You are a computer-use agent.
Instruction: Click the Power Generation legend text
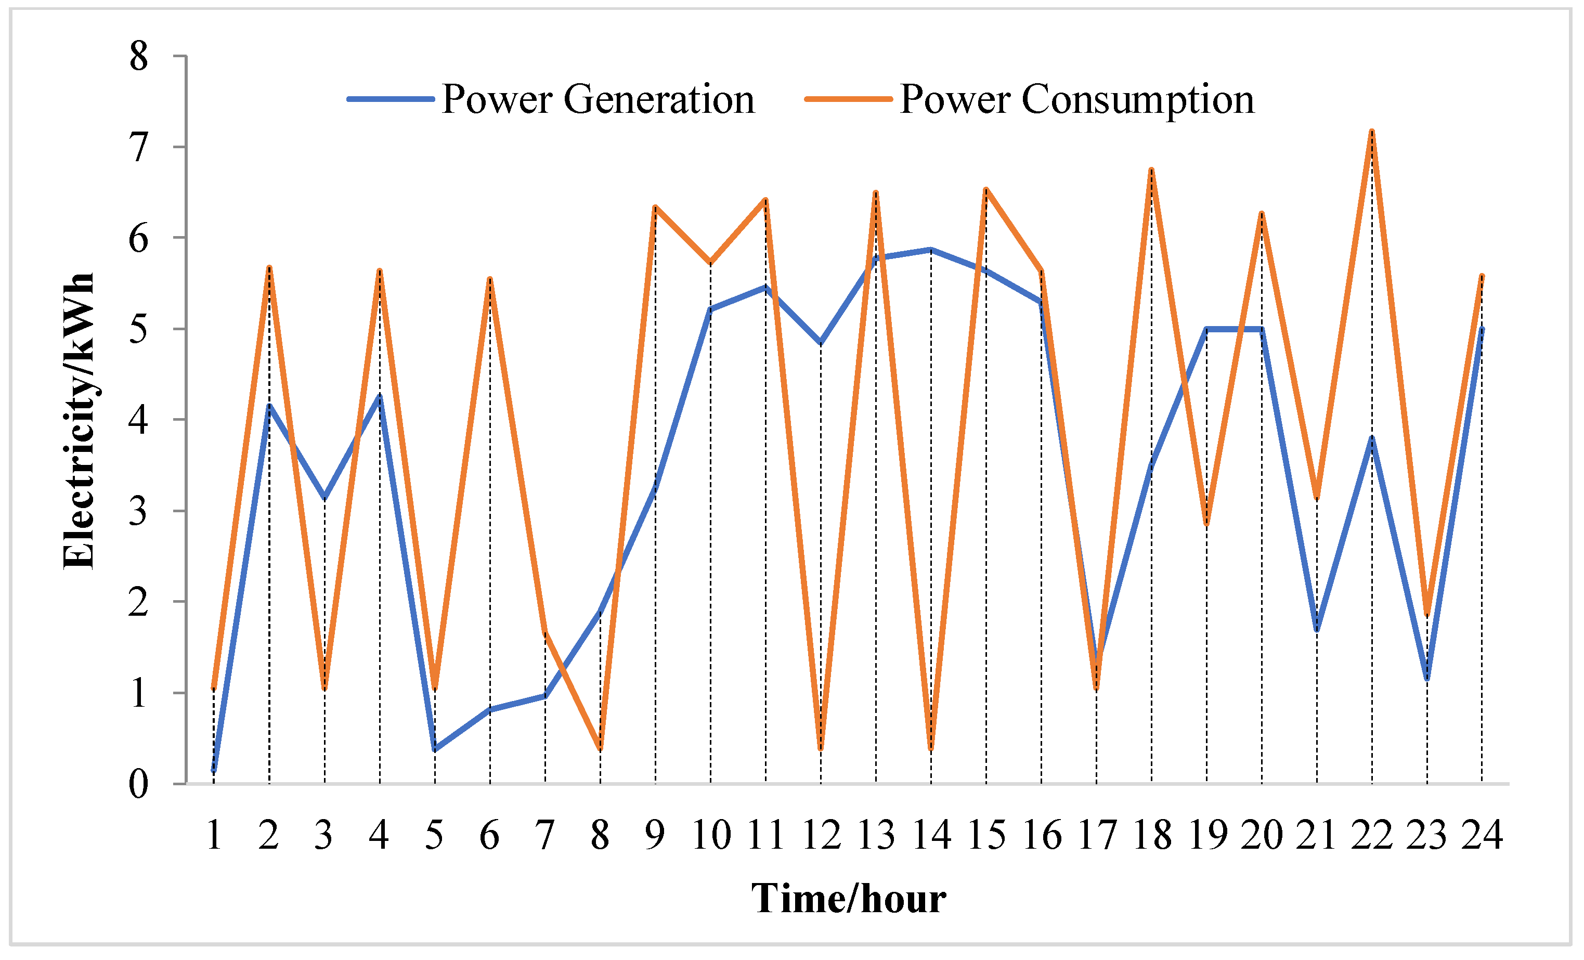598,100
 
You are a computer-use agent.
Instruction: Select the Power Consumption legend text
1077,100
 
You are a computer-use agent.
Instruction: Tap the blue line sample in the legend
390,99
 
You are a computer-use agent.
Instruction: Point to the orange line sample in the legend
848,99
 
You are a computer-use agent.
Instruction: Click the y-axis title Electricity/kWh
79,421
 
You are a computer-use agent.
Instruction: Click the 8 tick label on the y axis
138,57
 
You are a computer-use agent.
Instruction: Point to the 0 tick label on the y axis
138,784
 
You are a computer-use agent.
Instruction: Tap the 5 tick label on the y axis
138,329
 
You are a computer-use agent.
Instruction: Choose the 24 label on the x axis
1482,836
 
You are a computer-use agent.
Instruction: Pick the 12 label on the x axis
821,836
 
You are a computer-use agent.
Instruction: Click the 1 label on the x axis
214,836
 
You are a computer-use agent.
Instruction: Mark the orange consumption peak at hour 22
1372,132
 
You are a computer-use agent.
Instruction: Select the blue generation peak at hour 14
931,250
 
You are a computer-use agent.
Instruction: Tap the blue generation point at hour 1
214,770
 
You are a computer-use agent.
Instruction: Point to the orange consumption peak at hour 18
1151,171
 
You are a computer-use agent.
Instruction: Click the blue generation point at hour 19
1206,329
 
